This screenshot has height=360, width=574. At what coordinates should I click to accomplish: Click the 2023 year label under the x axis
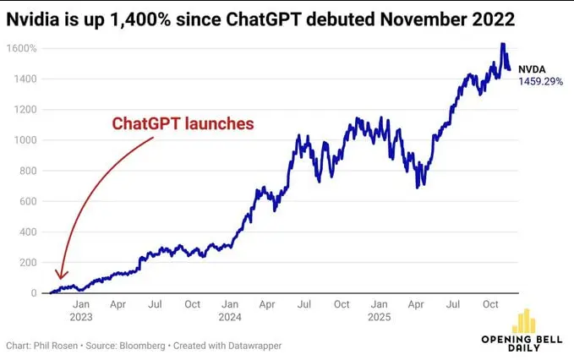(x=81, y=319)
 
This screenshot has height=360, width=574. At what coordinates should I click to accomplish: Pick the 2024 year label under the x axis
(x=229, y=319)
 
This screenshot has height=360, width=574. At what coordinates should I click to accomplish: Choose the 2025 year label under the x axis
(x=379, y=319)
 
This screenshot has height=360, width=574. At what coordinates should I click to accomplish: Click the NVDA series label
(x=532, y=69)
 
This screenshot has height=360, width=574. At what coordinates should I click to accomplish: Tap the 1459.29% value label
(x=540, y=82)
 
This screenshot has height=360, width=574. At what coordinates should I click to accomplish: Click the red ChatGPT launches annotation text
(x=183, y=123)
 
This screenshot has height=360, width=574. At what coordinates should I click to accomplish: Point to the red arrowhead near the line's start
(x=58, y=275)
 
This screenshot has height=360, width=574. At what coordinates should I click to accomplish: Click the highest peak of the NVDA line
(x=503, y=44)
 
